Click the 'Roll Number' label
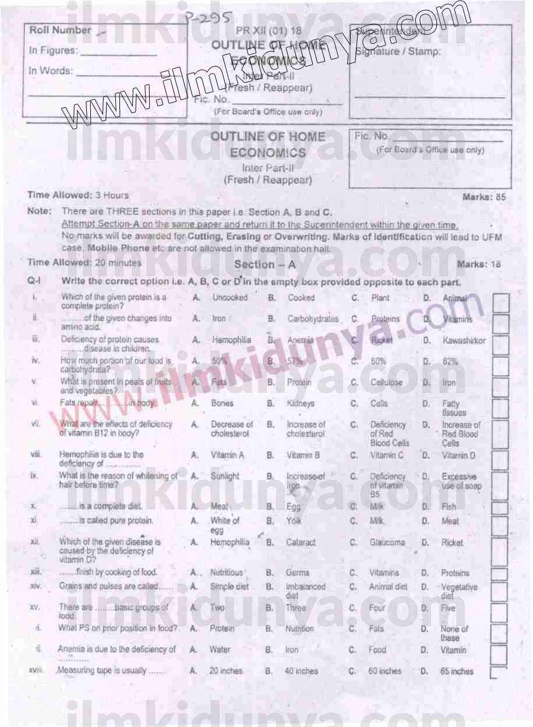tap(60, 30)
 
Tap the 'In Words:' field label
tap(51, 71)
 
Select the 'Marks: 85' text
tap(483, 197)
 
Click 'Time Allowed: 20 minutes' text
tap(84, 263)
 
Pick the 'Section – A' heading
tap(264, 264)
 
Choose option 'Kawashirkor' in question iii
tap(463, 340)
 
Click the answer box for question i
tap(500, 301)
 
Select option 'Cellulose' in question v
tap(386, 383)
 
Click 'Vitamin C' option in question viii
tap(386, 455)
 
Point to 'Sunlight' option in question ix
tap(225, 476)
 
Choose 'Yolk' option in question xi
tap(294, 521)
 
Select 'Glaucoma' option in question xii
tap(387, 542)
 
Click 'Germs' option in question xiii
tap(297, 573)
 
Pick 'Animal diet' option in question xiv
tap(388, 587)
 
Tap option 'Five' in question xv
tap(448, 608)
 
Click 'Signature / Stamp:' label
tap(398, 51)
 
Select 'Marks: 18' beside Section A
tap(478, 264)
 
